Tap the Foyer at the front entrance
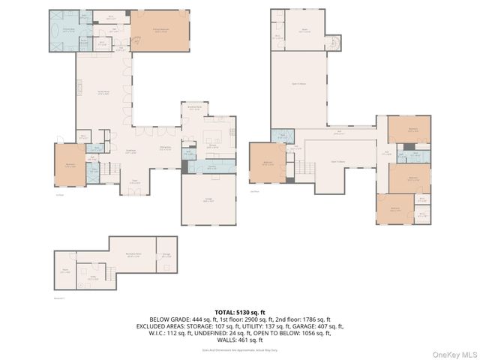(135, 181)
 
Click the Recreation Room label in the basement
(135, 256)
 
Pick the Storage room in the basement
(166, 255)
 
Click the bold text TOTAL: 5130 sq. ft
(239, 311)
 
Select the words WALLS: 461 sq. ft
(239, 340)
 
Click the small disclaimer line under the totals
(239, 349)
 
